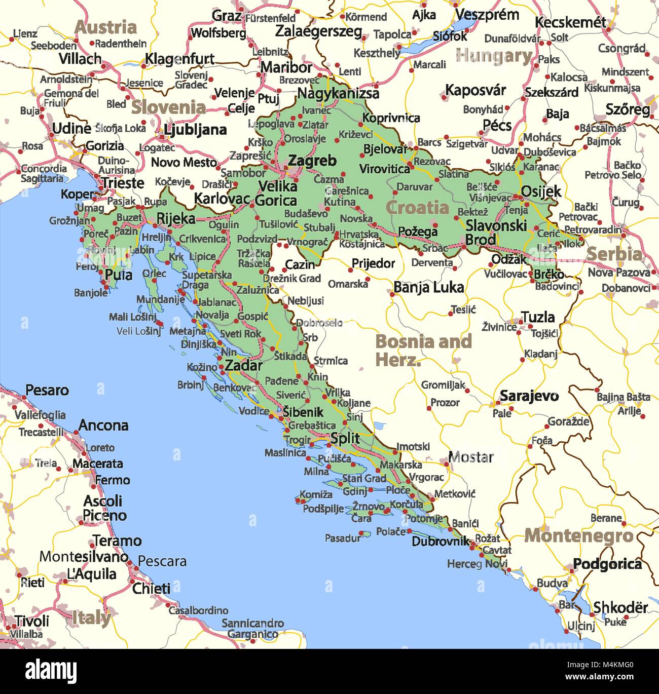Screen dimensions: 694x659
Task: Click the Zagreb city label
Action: (x=312, y=161)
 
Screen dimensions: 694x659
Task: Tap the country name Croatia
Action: (x=417, y=208)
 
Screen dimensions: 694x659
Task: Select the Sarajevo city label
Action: (x=529, y=396)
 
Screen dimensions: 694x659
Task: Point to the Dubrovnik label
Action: (x=440, y=541)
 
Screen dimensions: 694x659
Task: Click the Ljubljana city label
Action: (x=195, y=130)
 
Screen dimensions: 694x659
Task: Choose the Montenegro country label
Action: (x=578, y=535)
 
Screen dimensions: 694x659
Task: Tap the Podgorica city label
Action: (x=607, y=564)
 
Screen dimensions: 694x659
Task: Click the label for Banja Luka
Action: (x=428, y=288)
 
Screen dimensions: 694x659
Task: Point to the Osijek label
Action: (x=541, y=191)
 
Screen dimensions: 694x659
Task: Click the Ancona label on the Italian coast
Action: (x=103, y=425)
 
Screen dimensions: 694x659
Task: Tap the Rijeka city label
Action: (x=175, y=218)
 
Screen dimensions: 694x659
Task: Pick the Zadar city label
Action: (x=243, y=365)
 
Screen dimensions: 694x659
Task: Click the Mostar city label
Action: (x=470, y=457)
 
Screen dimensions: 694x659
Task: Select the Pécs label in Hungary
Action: (x=497, y=125)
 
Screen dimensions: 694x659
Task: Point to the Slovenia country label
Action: (x=168, y=107)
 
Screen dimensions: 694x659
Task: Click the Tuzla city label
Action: (x=538, y=317)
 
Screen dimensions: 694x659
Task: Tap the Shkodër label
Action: (x=620, y=607)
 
